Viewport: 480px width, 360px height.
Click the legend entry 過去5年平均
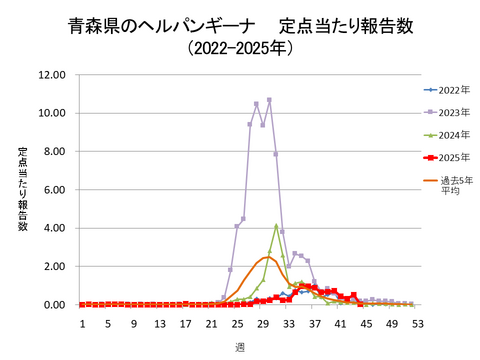(x=451, y=185)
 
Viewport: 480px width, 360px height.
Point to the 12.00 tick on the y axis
(x=51, y=75)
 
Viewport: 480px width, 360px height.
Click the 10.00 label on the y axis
(x=51, y=113)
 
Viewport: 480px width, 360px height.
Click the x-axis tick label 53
(x=417, y=324)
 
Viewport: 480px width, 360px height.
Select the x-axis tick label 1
(x=82, y=324)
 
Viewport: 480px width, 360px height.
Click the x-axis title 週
(x=240, y=346)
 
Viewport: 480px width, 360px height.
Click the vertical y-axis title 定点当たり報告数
(x=22, y=189)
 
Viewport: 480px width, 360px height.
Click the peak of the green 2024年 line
(x=276, y=225)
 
